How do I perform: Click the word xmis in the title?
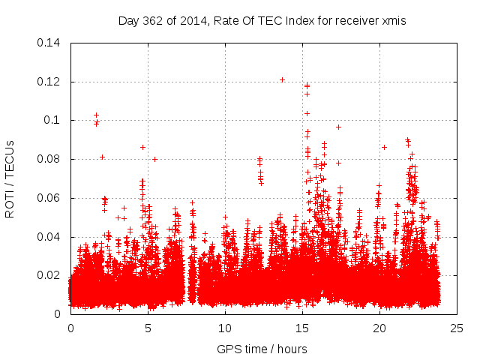click(393, 21)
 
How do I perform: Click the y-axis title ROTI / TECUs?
click(10, 178)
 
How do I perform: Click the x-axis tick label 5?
click(148, 328)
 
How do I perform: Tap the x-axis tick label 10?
click(225, 328)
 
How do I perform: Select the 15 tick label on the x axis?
click(302, 328)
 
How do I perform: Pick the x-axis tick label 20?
click(379, 328)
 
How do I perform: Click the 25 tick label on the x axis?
click(457, 328)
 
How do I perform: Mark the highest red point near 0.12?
click(282, 79)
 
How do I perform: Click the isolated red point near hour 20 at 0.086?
click(384, 147)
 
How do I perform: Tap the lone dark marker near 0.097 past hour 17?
click(338, 127)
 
